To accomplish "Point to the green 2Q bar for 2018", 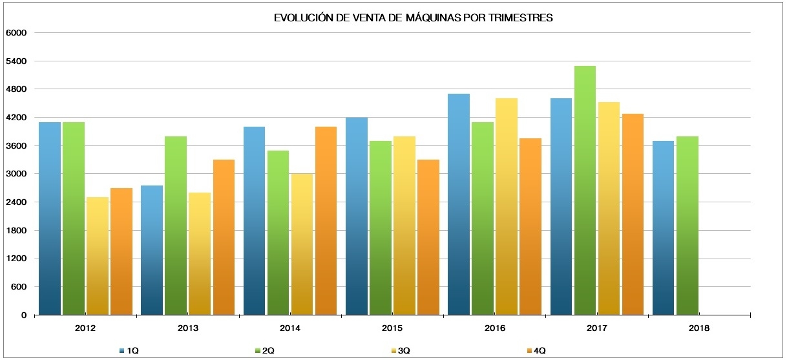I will pyautogui.click(x=687, y=226).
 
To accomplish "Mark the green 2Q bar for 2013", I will pyautogui.click(x=176, y=226).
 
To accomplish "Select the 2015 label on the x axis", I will pyautogui.click(x=392, y=328).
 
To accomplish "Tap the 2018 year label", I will pyautogui.click(x=699, y=328).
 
